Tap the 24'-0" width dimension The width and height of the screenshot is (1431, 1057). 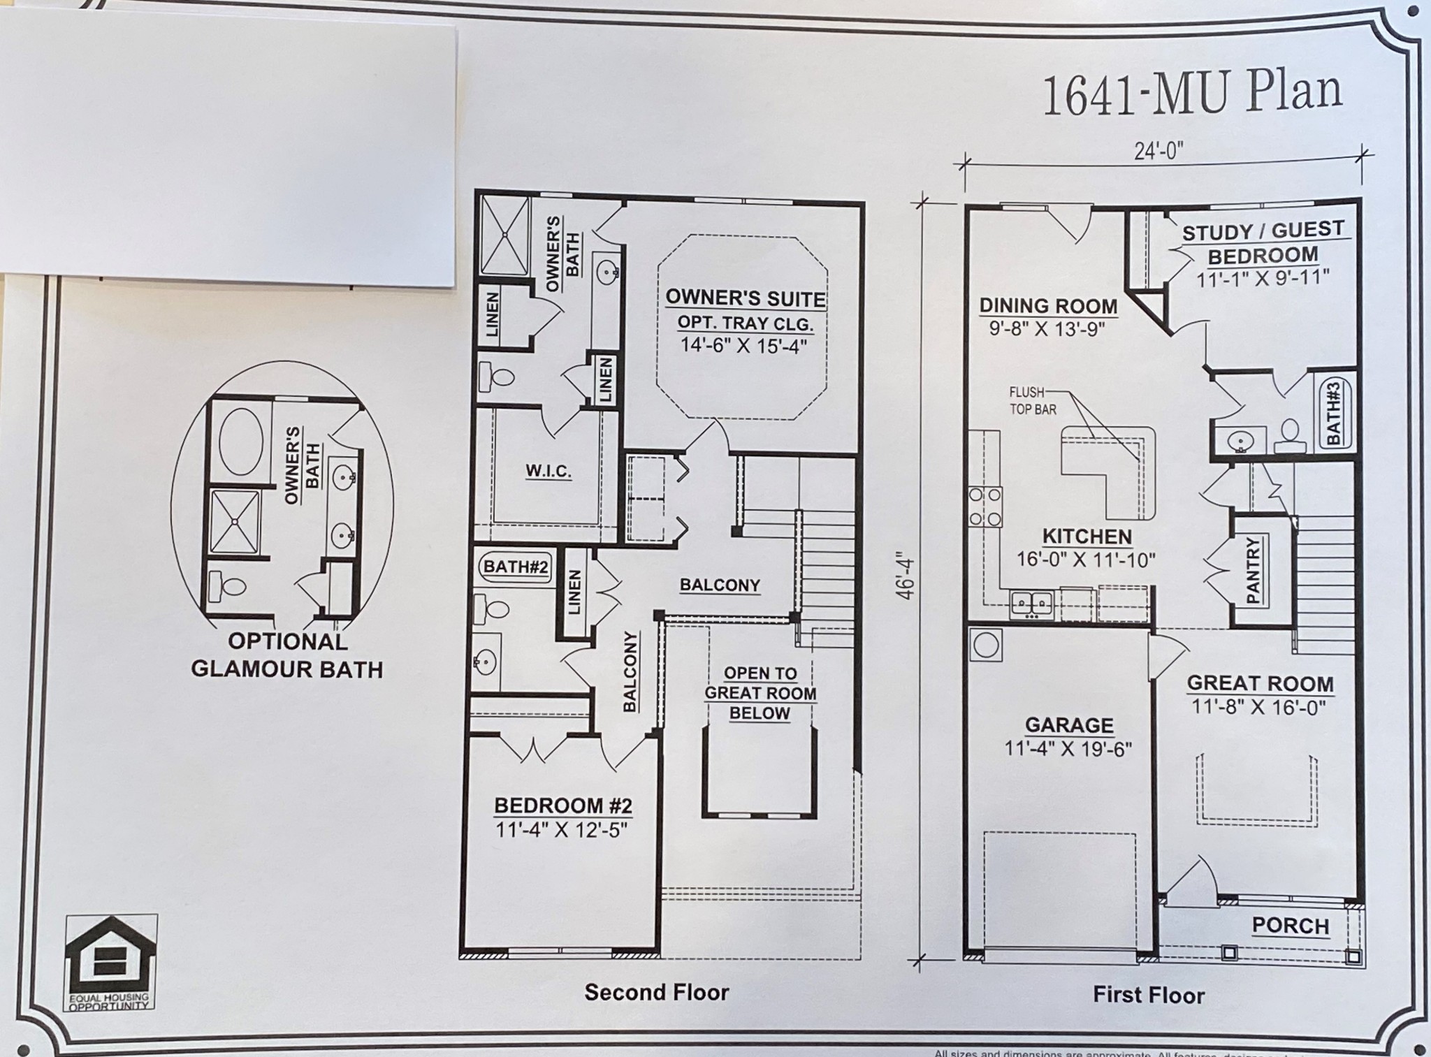1158,150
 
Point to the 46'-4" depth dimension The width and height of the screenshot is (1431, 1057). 906,577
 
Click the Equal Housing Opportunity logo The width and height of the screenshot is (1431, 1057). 111,961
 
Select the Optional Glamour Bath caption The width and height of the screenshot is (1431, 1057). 286,655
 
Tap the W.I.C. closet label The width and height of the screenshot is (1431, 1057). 548,472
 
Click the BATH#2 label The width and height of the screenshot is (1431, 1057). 515,566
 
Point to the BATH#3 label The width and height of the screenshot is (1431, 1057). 1333,412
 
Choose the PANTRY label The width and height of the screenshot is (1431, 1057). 1253,571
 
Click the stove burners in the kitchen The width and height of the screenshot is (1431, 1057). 985,506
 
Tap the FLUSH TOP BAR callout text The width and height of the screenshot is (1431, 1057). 1031,401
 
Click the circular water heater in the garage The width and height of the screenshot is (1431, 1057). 985,645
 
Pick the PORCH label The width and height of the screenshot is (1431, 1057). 1290,926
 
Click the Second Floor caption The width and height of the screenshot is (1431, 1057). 656,992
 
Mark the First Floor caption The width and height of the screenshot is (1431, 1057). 1148,995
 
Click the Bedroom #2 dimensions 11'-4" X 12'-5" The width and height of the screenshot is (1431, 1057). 562,830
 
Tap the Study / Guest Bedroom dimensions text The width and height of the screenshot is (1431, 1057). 1262,278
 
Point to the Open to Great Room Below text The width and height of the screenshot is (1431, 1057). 760,693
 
